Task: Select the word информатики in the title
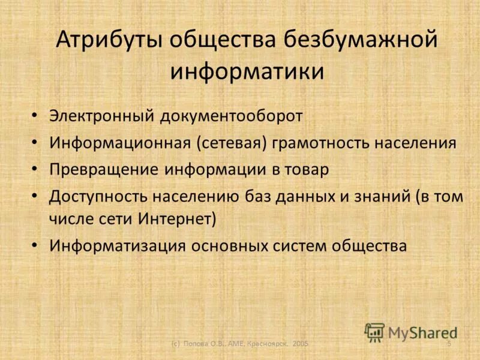(x=247, y=71)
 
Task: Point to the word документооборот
(x=230, y=116)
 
